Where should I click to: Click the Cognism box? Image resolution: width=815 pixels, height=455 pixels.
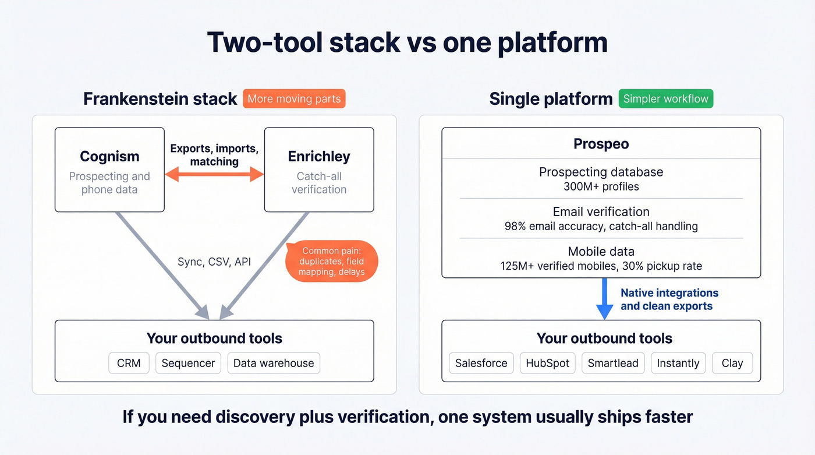point(109,170)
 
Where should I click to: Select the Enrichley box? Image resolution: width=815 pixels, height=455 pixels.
point(319,170)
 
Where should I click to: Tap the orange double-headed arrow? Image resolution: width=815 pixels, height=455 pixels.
point(214,174)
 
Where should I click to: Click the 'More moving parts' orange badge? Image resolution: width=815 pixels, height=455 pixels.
point(294,98)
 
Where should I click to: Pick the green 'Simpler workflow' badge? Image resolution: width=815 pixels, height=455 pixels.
point(665,98)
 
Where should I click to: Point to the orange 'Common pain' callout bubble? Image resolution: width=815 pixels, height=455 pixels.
point(332,261)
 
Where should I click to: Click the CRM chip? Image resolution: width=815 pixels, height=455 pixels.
point(129,363)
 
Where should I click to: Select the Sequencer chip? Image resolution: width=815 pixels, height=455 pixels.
point(188,363)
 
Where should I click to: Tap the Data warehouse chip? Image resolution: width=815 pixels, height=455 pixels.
point(274,363)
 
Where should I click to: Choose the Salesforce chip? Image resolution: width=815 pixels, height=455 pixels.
point(481,363)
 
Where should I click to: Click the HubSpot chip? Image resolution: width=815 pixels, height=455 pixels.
point(547,363)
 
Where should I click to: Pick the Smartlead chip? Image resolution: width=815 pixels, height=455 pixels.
point(613,363)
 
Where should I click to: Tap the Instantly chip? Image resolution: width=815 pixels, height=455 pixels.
point(678,363)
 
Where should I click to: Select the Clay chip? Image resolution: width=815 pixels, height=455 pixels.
point(732,363)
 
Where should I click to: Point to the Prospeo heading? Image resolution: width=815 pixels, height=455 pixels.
point(601,143)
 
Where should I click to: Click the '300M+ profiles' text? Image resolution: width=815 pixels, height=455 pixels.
point(601,186)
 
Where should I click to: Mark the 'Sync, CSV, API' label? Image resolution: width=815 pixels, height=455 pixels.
point(214,262)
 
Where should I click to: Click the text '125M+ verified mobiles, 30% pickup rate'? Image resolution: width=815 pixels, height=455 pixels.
point(601,266)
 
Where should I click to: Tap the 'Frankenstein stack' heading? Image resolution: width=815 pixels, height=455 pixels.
point(160,99)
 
